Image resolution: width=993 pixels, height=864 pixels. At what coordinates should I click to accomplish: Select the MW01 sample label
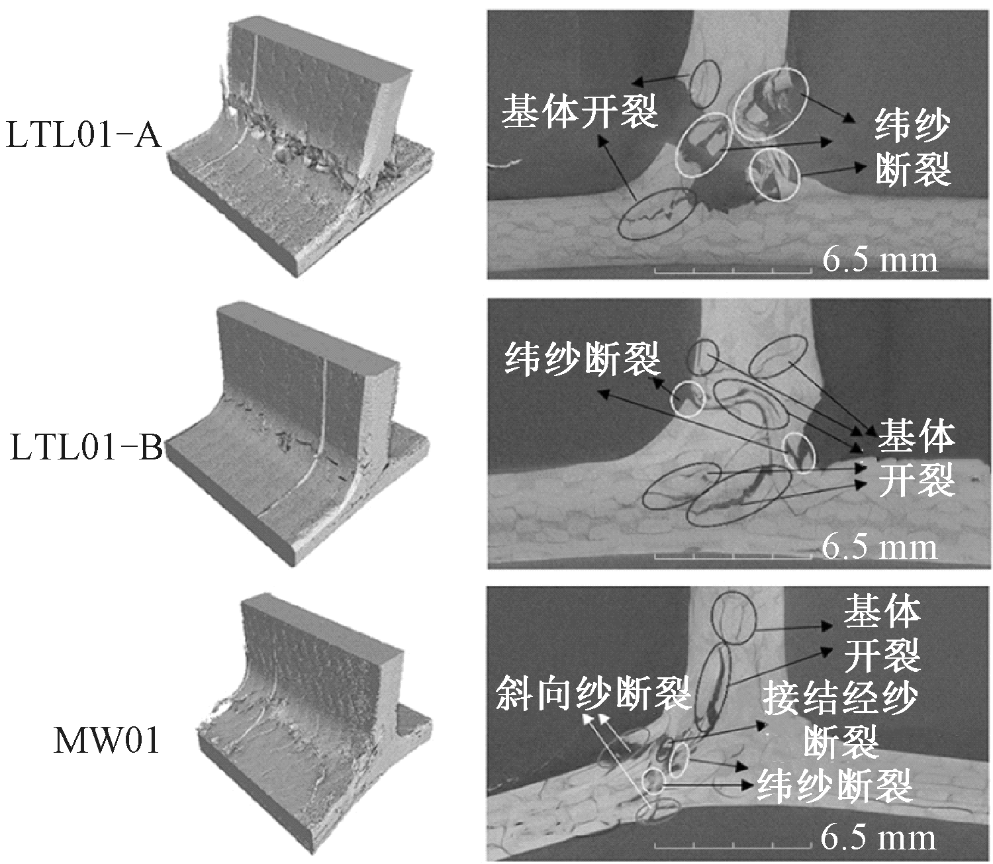click(x=106, y=742)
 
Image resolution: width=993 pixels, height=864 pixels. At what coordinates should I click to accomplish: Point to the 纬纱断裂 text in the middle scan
click(x=583, y=359)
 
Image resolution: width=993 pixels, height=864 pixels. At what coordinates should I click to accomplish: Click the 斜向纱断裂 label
click(x=593, y=693)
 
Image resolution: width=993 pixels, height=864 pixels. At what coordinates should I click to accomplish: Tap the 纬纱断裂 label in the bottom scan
click(x=835, y=786)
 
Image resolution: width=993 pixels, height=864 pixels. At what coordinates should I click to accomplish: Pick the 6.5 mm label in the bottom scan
click(x=878, y=838)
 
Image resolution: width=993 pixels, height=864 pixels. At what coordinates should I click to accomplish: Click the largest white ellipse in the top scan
click(x=772, y=104)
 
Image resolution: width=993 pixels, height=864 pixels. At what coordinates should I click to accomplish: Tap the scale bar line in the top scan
click(x=733, y=271)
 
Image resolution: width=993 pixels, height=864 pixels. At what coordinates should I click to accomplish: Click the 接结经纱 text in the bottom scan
click(x=840, y=698)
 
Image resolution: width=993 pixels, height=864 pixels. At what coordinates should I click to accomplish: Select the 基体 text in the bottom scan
click(x=880, y=610)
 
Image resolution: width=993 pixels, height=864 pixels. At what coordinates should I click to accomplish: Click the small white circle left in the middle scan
click(x=688, y=399)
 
